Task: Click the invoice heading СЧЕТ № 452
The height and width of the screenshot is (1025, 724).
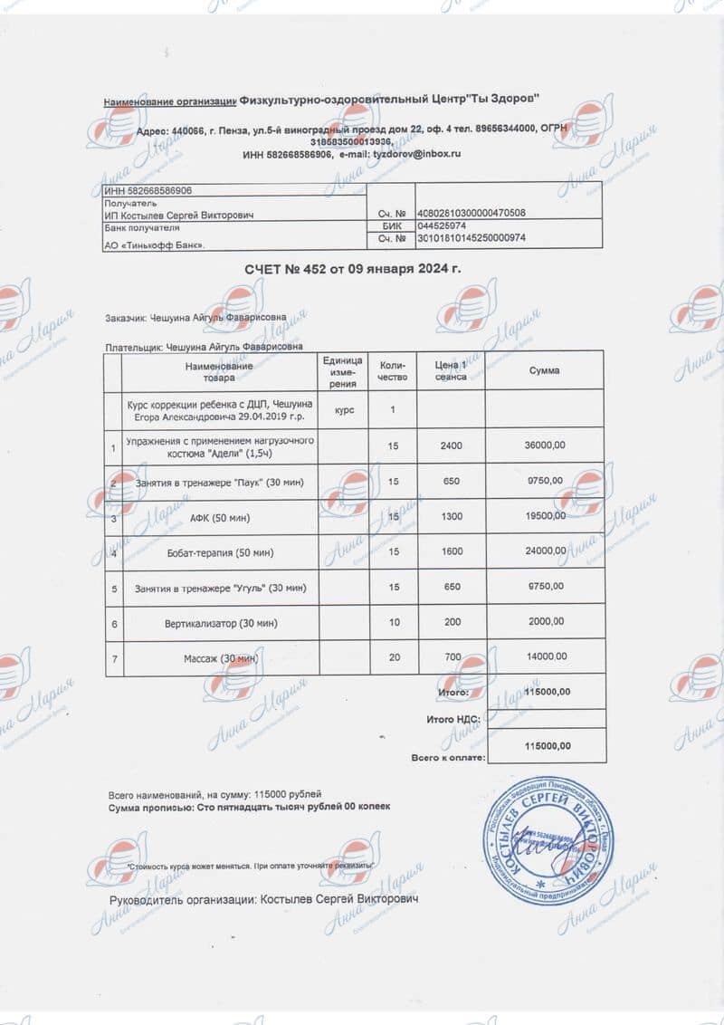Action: point(352,270)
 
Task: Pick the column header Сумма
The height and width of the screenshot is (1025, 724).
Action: point(544,370)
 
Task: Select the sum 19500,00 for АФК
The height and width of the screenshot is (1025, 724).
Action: point(546,516)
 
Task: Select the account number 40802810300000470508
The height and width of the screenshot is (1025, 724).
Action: point(471,213)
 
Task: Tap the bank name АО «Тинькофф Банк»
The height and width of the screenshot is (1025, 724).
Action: point(155,244)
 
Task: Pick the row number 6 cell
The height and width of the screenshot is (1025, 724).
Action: point(112,623)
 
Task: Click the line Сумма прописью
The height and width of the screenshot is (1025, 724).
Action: point(249,806)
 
